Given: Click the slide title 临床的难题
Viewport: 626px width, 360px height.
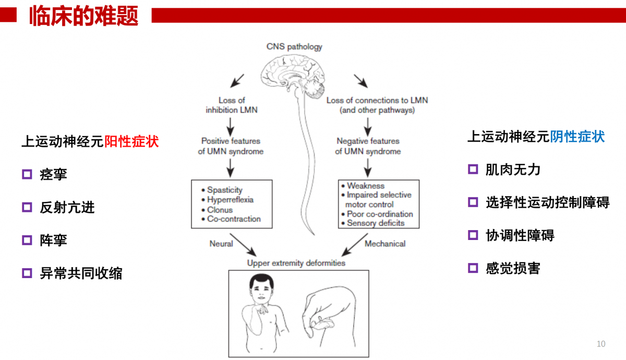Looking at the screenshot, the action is (83, 16).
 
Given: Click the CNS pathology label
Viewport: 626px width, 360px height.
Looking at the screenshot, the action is (294, 46).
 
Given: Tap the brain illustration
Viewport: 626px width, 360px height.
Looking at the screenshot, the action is (293, 76).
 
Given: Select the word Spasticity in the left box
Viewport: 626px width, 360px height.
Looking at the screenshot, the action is (225, 190).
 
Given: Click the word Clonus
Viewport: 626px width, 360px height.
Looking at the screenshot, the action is (220, 210).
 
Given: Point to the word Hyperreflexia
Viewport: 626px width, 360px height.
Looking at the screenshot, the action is (230, 199).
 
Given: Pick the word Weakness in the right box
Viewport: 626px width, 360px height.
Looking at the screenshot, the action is (366, 186).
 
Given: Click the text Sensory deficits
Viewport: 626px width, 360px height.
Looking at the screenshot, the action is (376, 223).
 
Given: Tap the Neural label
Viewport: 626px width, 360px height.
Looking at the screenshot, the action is (221, 244).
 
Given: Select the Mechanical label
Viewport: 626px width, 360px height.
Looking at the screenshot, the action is (385, 244).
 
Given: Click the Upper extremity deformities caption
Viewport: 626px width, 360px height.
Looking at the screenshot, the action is (296, 263).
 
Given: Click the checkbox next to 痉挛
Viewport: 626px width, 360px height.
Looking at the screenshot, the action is (27, 174).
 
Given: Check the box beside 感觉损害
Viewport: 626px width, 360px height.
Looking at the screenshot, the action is (473, 268).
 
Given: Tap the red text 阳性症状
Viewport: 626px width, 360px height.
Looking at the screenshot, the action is (131, 141).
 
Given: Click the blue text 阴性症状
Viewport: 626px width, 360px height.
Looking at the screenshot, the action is (577, 137).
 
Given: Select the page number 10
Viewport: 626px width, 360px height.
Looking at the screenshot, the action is (601, 343).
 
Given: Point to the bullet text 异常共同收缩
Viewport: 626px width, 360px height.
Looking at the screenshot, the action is (81, 273).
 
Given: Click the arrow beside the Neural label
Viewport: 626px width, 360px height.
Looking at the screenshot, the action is (243, 245).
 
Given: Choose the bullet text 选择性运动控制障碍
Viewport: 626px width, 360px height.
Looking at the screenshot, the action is (547, 202).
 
